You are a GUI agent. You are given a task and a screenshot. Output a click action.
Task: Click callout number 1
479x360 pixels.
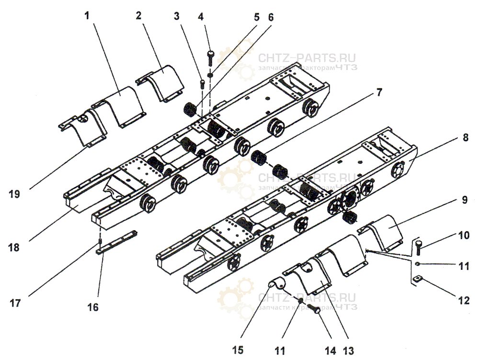tap(87, 15)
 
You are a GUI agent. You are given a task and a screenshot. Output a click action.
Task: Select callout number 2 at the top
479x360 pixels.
tap(138, 15)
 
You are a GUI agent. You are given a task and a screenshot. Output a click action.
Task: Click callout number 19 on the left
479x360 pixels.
tap(14, 194)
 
